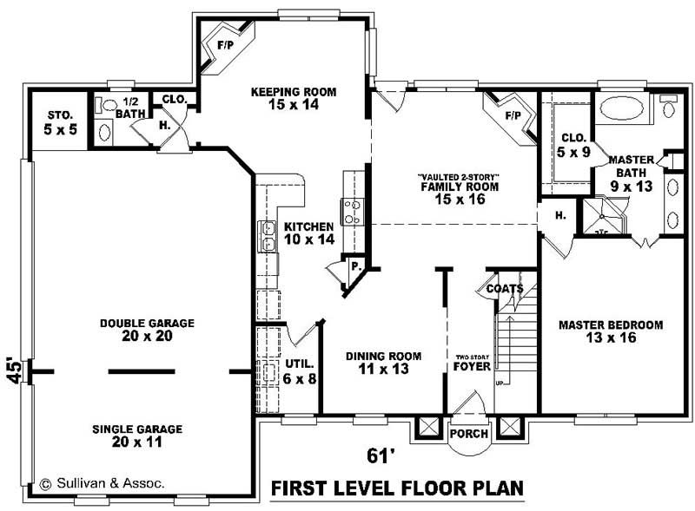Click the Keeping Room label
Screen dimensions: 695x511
(294, 92)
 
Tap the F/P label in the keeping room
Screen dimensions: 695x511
(226, 45)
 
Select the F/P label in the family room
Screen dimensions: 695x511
(513, 115)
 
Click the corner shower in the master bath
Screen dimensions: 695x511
(603, 216)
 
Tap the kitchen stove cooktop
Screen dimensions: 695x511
(353, 211)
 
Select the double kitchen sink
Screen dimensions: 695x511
(268, 236)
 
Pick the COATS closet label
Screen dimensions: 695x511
(505, 289)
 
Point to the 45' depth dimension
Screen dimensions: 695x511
(14, 370)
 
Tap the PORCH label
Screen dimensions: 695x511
(469, 434)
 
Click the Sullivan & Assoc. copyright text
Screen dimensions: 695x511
(103, 483)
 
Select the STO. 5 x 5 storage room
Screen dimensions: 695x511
(60, 122)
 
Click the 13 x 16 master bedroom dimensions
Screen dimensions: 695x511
(612, 337)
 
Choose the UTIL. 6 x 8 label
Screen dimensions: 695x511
(300, 371)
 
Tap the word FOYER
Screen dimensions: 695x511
(472, 367)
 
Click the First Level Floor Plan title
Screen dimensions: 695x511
(397, 488)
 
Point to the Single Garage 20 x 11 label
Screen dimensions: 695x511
(137, 436)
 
